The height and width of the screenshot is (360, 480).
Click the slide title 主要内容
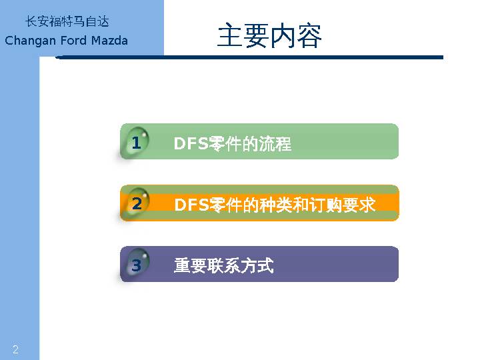(269, 36)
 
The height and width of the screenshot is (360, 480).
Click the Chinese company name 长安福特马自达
(67, 22)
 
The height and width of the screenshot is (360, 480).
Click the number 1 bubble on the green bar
(136, 143)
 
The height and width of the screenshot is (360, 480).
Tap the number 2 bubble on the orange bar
(137, 204)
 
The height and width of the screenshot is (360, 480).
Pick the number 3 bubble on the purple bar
(136, 266)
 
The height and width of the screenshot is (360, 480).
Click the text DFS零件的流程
(232, 144)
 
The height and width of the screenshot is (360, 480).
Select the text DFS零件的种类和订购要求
(275, 205)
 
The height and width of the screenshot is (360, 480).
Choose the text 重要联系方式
(224, 266)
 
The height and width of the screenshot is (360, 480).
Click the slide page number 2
(15, 350)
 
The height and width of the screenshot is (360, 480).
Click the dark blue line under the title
(250, 57)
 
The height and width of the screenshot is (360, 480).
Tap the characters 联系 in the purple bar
(224, 266)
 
